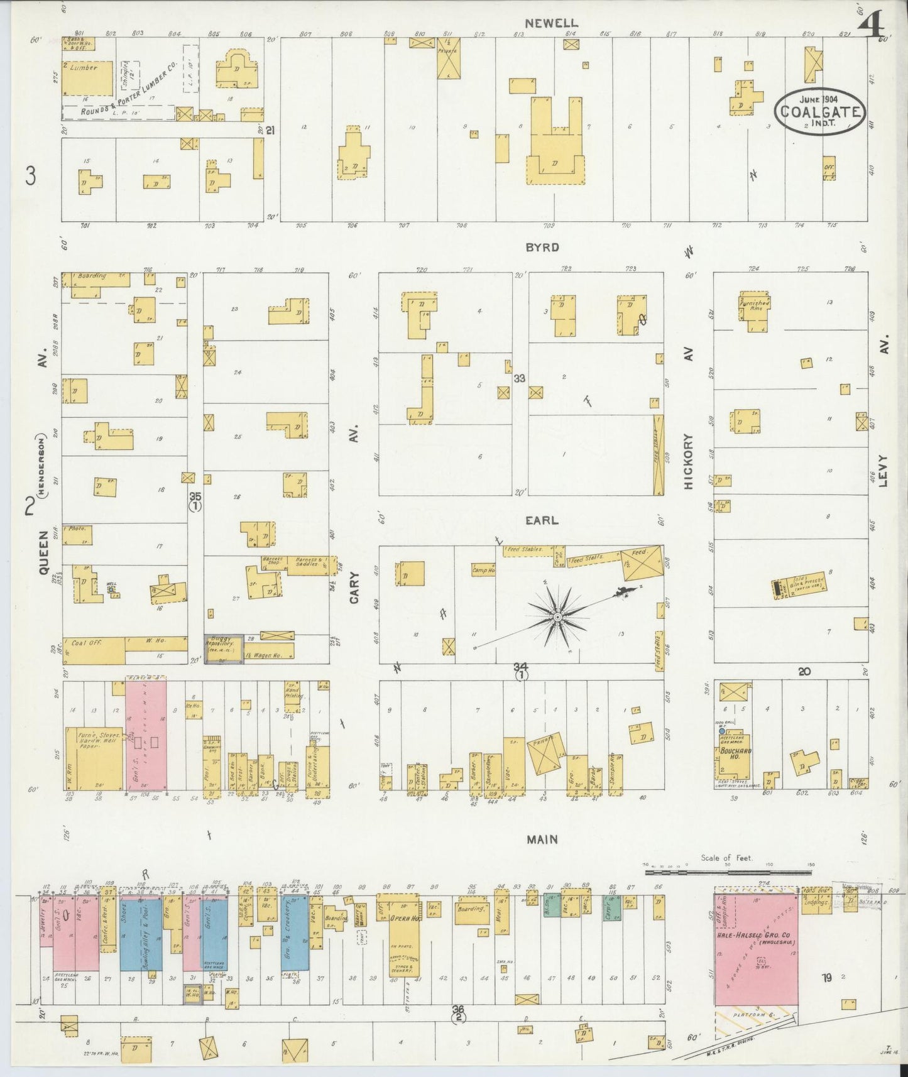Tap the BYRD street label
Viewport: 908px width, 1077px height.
542,248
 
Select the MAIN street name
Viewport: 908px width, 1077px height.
542,839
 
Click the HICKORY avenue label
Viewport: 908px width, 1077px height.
689,461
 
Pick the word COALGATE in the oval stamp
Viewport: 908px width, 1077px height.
819,113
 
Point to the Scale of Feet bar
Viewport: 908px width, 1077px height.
727,872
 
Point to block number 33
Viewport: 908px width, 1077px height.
519,378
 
